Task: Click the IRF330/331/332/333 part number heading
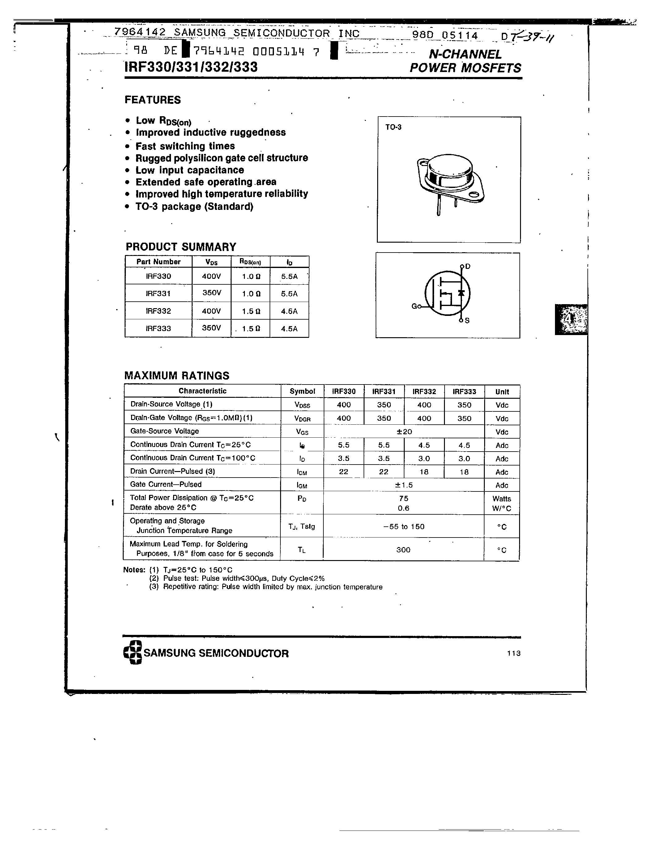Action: [x=191, y=67]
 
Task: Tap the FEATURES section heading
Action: [x=152, y=100]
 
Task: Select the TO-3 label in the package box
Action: [x=393, y=127]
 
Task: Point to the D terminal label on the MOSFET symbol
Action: [x=468, y=266]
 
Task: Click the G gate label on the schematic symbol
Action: [x=414, y=306]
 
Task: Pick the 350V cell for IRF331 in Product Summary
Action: [x=211, y=293]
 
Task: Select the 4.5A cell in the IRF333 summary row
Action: [x=289, y=329]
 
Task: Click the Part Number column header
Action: [x=158, y=262]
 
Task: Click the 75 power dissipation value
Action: [x=403, y=498]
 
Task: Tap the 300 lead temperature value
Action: [x=403, y=550]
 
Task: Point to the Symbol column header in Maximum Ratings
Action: [x=302, y=391]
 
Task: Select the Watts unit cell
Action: [x=502, y=499]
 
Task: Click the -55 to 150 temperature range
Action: [x=403, y=527]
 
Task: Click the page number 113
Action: [x=513, y=653]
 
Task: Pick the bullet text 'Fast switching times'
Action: [x=185, y=146]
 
